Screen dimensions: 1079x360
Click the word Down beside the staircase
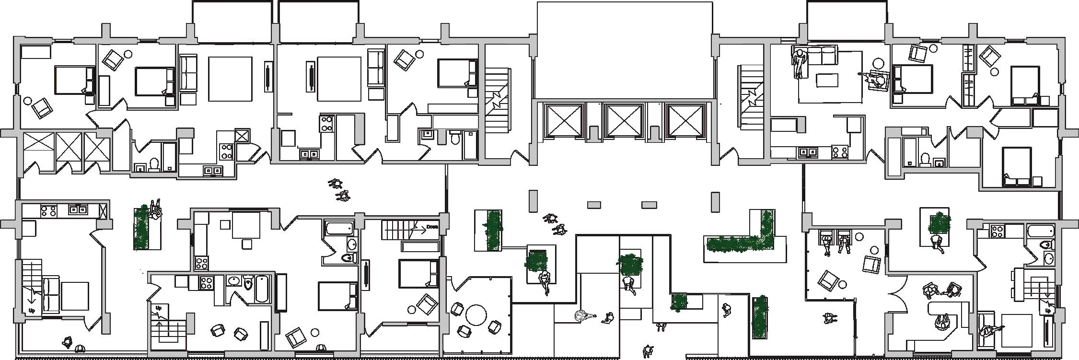click(x=432, y=227)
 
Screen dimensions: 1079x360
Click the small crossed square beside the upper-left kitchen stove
click(x=242, y=135)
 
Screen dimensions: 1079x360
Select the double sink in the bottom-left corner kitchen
click(x=77, y=209)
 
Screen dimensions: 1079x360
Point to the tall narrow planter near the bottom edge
click(x=760, y=316)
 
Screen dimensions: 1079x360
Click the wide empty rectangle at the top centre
click(x=624, y=50)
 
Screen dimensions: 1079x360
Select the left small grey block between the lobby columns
click(x=594, y=205)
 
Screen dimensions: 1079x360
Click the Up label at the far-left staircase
click(x=33, y=311)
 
